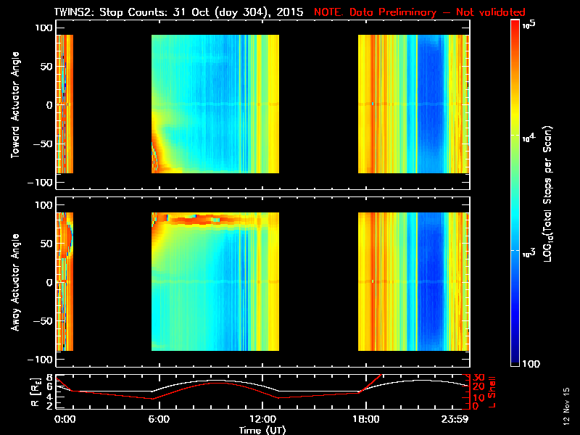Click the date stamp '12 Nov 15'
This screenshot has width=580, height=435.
pos(566,410)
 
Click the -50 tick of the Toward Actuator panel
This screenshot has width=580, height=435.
pos(43,144)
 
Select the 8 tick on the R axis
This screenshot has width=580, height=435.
pos(49,378)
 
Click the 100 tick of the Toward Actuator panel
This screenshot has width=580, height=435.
pos(43,28)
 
